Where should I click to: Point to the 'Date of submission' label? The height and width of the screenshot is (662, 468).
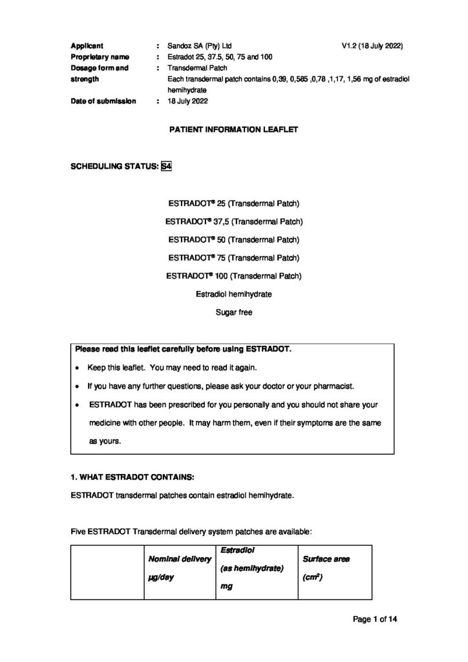point(103,101)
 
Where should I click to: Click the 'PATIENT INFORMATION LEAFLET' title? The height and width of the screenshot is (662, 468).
point(233,130)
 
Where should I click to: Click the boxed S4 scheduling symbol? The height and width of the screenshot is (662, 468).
point(165,166)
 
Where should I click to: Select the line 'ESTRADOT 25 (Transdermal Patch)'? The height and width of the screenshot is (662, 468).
point(233,203)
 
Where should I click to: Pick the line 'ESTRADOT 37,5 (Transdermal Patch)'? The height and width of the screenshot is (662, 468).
point(233,221)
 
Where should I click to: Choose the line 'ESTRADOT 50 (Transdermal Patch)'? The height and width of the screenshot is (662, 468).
point(233,240)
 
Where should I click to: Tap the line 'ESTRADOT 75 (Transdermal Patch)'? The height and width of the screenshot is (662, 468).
point(233,258)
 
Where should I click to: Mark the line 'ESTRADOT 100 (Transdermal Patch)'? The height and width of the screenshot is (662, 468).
point(233,276)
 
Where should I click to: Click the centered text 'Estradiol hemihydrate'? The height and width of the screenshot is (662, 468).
point(233,294)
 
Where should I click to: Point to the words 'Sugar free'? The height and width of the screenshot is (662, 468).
point(233,312)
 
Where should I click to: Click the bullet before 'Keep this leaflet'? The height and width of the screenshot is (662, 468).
point(78,368)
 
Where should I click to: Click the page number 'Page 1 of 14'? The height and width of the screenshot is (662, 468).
point(374,619)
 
